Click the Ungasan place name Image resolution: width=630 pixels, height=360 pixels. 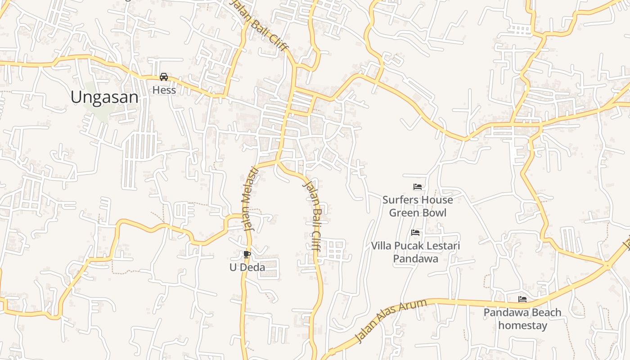click(x=104, y=97)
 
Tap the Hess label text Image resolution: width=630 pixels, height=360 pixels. click(x=164, y=90)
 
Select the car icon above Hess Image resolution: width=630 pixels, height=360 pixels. click(x=164, y=77)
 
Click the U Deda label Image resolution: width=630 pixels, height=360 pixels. click(x=247, y=267)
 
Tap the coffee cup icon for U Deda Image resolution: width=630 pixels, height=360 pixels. click(x=247, y=255)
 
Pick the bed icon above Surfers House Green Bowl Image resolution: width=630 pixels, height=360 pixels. click(x=418, y=187)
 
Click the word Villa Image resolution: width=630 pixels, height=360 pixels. click(x=382, y=246)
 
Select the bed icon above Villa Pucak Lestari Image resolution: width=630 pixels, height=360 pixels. click(x=415, y=233)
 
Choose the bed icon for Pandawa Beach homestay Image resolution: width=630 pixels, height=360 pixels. click(x=522, y=299)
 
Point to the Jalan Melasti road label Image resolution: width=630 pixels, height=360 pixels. click(x=250, y=198)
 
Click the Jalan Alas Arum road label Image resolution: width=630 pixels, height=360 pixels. click(x=390, y=320)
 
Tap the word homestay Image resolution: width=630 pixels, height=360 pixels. click(x=522, y=325)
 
